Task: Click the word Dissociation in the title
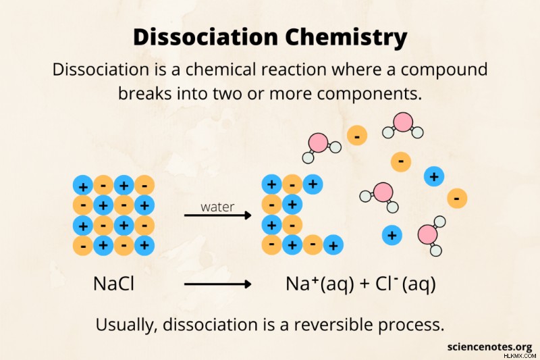click(205, 37)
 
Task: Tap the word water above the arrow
click(217, 207)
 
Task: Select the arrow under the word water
click(217, 215)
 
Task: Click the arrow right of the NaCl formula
click(217, 284)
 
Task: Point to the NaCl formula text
click(113, 284)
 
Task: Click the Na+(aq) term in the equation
click(319, 284)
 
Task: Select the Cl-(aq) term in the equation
click(406, 284)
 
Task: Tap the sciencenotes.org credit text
click(490, 346)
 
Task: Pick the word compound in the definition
click(444, 70)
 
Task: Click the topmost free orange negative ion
click(357, 135)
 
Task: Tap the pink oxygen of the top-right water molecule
click(403, 122)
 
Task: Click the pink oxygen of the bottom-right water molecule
click(428, 234)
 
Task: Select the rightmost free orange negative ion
click(457, 198)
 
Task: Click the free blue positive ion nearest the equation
click(392, 235)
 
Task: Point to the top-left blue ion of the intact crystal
click(82, 185)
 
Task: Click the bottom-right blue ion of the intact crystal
click(144, 245)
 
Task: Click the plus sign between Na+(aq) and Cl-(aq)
click(364, 284)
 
